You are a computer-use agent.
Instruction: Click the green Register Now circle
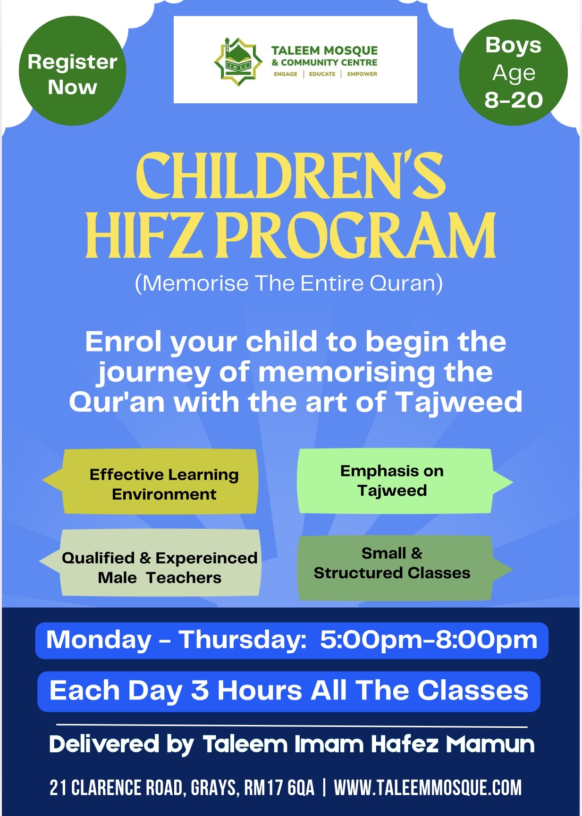(x=72, y=71)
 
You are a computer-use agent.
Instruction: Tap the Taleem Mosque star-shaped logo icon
(x=238, y=62)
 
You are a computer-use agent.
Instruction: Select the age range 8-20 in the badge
(x=514, y=100)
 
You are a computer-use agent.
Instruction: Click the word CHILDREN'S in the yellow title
(x=290, y=175)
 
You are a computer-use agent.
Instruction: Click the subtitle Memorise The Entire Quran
(x=289, y=283)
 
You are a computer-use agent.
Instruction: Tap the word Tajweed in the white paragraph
(x=459, y=402)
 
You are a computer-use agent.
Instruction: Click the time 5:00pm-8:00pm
(x=429, y=640)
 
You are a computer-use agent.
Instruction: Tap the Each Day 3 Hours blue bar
(x=289, y=691)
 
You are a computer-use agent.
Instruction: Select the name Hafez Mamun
(x=453, y=744)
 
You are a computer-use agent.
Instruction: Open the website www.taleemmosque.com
(x=428, y=788)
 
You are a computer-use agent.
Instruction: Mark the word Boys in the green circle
(x=513, y=45)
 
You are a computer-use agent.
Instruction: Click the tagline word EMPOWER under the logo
(x=362, y=74)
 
